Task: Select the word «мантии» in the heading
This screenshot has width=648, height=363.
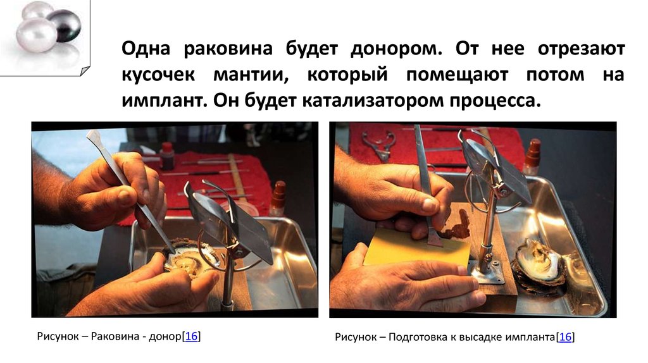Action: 251,75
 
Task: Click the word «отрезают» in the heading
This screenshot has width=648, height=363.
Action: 582,49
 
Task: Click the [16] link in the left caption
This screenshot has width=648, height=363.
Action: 191,336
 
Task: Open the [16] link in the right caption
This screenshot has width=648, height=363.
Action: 565,337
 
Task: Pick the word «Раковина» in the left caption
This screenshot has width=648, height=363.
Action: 115,336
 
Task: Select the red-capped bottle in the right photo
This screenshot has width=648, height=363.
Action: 532,156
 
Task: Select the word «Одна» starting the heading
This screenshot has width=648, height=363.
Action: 146,49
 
